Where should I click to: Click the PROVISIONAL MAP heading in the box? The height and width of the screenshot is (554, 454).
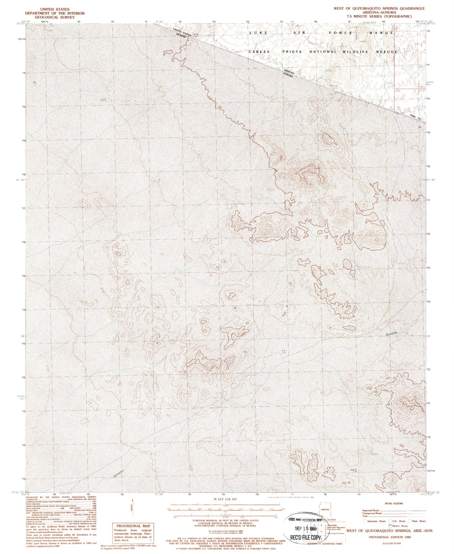click(x=134, y=526)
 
